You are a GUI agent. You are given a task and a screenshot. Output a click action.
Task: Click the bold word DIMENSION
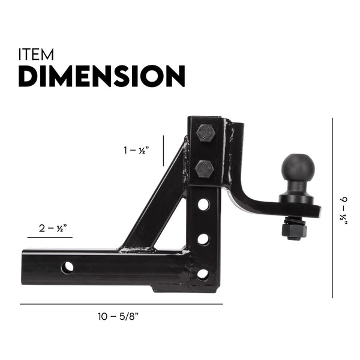(x=101, y=77)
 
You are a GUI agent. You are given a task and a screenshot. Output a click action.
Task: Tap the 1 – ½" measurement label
(x=136, y=151)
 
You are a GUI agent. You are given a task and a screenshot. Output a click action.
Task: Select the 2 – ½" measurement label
(x=52, y=228)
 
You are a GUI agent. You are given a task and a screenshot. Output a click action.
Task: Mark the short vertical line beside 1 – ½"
(x=164, y=150)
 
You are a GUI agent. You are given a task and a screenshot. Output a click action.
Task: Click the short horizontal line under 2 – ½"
(x=50, y=238)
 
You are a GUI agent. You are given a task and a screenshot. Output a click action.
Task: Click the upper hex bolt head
(x=205, y=132)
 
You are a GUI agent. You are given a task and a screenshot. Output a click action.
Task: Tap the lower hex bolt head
(x=205, y=169)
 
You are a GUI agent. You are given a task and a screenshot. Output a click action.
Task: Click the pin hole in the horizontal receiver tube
(x=68, y=266)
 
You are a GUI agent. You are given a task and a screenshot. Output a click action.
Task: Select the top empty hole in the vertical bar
(x=203, y=204)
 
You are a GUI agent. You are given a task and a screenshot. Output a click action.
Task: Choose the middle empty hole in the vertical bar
(x=203, y=239)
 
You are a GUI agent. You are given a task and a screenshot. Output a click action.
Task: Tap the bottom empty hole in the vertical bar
(x=203, y=274)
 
